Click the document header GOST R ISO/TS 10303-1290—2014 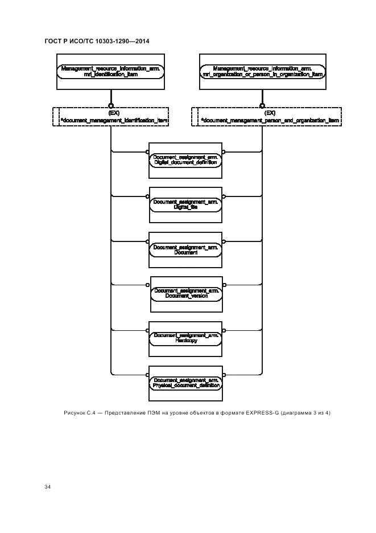pos(97,40)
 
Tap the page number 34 pos(48,487)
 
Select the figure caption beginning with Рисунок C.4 pos(197,412)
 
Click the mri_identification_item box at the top pos(111,72)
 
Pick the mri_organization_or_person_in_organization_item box pos(263,72)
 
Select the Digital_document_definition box pos(185,160)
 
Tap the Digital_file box pos(185,205)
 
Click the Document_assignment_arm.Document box pos(185,249)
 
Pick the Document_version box pos(186,294)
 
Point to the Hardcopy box pos(185,338)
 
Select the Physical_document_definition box pos(185,383)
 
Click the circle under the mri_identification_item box pos(111,105)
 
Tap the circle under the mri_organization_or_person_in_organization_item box pos(262,105)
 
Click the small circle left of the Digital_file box pos(147,197)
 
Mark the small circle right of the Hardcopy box pos(224,330)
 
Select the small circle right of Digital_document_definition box pos(224,152)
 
